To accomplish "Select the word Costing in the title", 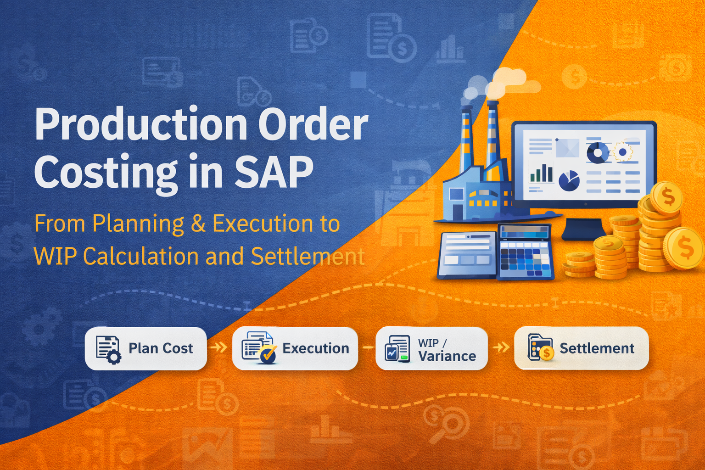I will tap(106, 173).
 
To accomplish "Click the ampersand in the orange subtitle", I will tap(198, 224).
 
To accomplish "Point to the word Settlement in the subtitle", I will tap(308, 257).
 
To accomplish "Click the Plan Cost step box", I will tap(146, 348).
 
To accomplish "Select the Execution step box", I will tap(295, 348).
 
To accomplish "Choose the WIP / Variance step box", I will tap(431, 348).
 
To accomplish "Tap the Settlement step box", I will tap(581, 348).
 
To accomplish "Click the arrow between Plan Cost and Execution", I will tap(219, 347).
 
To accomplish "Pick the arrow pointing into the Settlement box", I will tap(501, 347).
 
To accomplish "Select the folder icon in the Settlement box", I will tap(540, 348).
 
